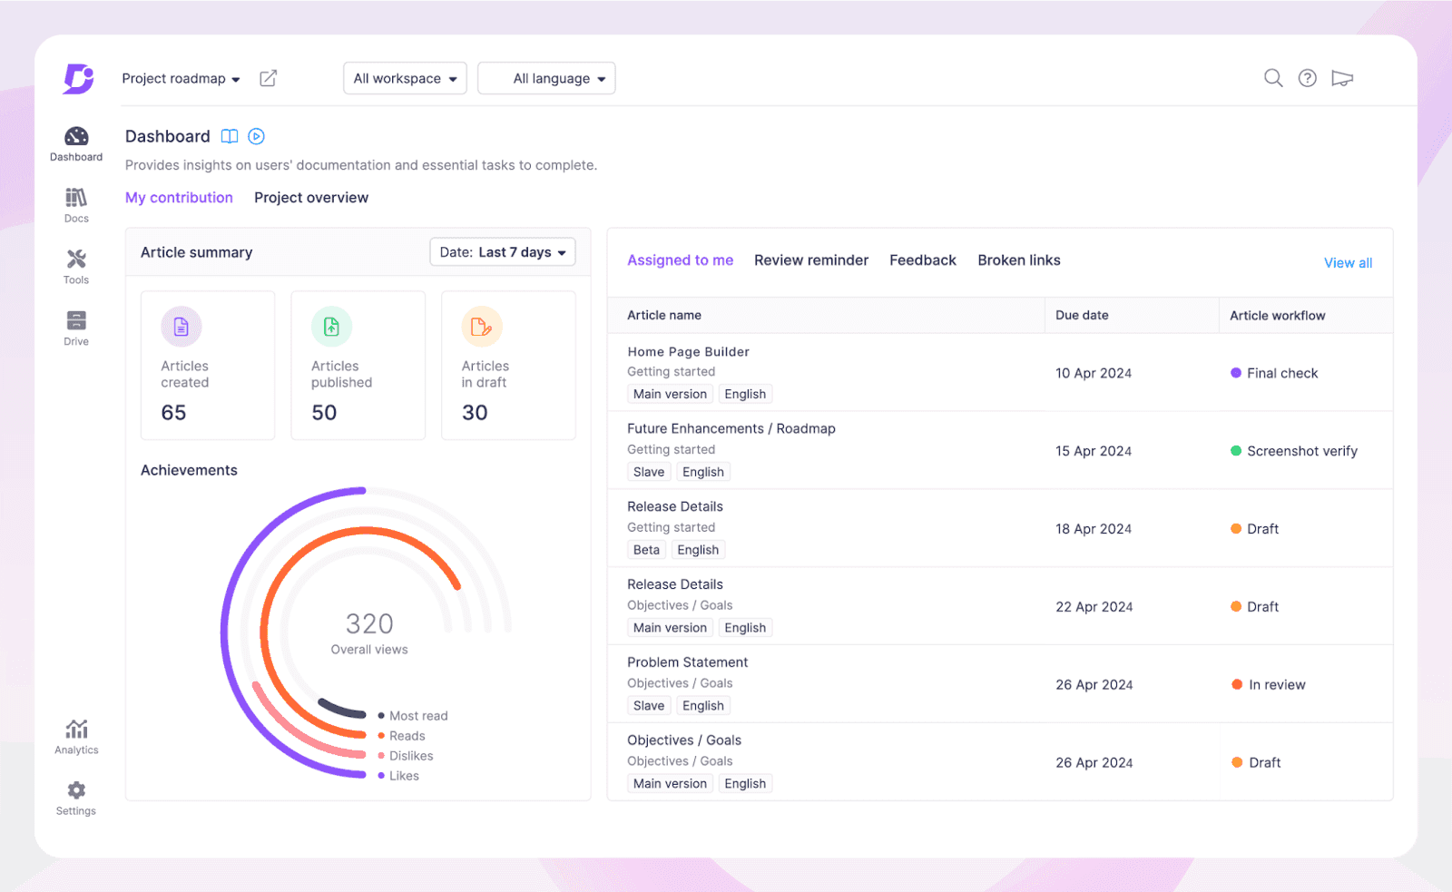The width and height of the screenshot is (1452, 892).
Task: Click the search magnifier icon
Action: coord(1273,78)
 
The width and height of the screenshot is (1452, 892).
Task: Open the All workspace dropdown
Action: coord(405,79)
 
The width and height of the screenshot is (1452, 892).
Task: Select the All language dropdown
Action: coord(546,79)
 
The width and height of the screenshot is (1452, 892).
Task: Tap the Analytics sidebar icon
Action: coord(76,730)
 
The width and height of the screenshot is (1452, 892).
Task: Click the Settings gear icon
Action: coord(76,790)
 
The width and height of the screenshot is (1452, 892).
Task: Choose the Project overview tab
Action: coord(311,198)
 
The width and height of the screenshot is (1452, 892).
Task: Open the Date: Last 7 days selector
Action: coord(502,252)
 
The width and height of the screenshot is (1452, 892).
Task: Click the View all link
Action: coord(1348,263)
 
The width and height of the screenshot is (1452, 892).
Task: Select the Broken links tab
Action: coord(1018,260)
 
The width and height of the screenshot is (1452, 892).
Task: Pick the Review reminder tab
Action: coord(810,260)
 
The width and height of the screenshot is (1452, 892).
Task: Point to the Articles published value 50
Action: coord(324,413)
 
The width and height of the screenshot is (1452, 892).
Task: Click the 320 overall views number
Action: coord(369,624)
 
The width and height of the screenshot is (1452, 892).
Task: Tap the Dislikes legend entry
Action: coord(410,756)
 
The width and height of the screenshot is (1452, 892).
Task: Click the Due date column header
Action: coord(1082,316)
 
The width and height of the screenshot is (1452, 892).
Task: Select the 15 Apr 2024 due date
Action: coord(1093,451)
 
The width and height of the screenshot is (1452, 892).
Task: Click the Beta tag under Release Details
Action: coord(646,550)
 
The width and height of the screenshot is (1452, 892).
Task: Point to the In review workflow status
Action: coord(1276,685)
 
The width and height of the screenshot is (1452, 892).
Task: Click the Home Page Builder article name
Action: coord(688,352)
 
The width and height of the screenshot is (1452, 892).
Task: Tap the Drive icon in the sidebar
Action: coord(76,321)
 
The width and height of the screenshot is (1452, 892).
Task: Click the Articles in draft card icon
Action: coord(481,327)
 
